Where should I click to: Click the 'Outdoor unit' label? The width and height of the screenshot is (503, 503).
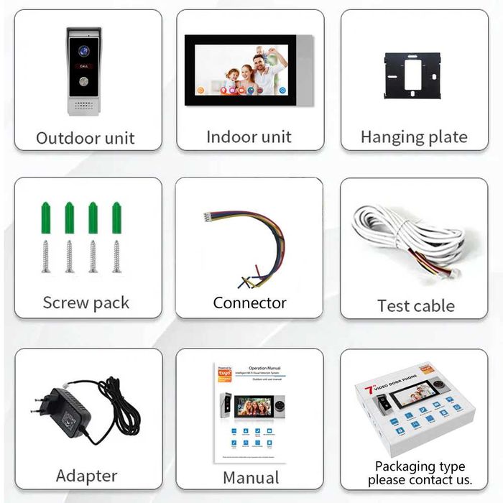[86, 138]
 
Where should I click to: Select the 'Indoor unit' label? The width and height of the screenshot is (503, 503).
[249, 137]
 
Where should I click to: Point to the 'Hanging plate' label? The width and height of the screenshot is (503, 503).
[414, 137]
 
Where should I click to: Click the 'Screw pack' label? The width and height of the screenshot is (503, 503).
[86, 303]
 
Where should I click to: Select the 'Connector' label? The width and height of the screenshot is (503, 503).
[249, 303]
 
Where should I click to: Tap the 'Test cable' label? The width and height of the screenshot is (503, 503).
[415, 305]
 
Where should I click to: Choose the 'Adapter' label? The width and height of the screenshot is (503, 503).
[86, 476]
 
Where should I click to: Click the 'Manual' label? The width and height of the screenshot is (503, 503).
[251, 477]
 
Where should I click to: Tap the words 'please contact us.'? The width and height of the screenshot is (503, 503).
[420, 479]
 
